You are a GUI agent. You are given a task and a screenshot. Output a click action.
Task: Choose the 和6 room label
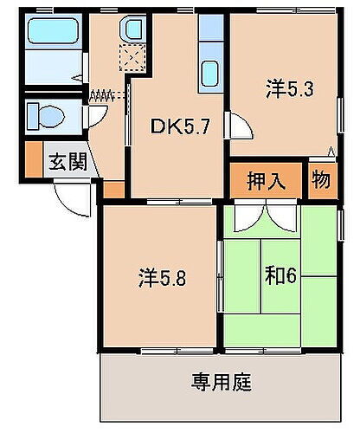tap(282, 277)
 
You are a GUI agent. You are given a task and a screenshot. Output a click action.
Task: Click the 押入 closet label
tap(267, 181)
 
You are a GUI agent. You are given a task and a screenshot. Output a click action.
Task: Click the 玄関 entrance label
tap(67, 162)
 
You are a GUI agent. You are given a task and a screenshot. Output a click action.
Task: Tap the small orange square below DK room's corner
tap(113, 188)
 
